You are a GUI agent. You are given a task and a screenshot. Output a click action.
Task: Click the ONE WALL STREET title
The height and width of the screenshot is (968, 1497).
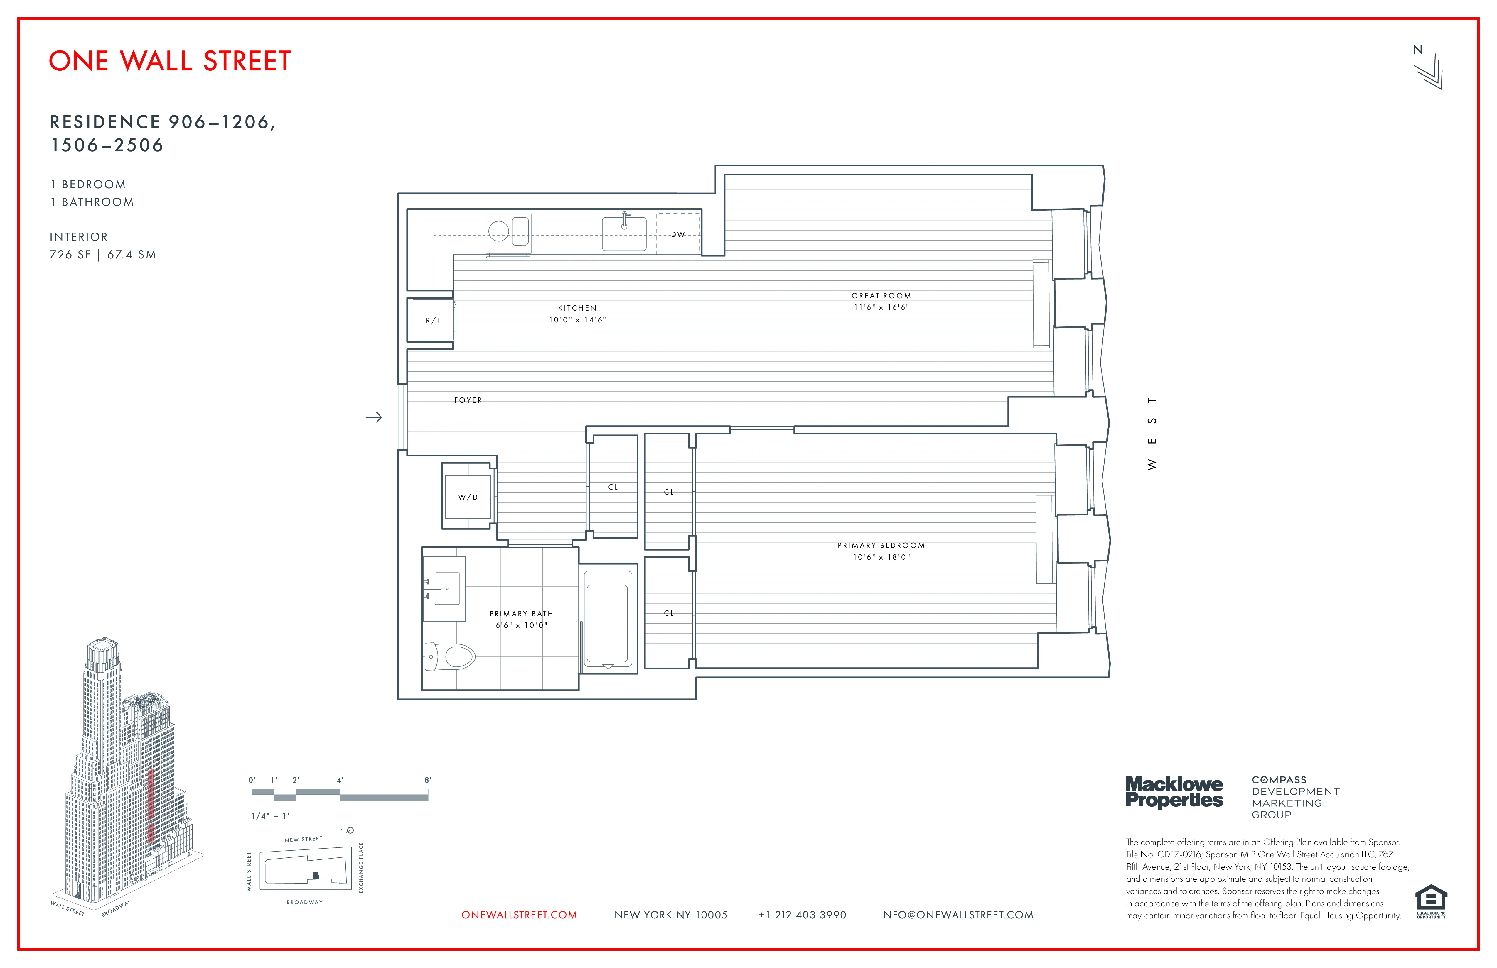(170, 61)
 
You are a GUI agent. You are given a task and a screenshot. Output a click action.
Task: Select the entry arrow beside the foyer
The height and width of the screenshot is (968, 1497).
(374, 417)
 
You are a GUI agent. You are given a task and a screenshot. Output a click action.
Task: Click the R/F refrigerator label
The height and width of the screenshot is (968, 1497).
(433, 321)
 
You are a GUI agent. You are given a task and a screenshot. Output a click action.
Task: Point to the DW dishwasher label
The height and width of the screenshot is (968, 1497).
(677, 234)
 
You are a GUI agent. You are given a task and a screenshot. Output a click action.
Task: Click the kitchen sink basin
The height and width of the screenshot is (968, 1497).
(624, 234)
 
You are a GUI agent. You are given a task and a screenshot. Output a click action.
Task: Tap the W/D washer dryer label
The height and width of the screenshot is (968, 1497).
(467, 497)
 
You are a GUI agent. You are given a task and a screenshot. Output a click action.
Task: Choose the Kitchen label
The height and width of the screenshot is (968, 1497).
(577, 308)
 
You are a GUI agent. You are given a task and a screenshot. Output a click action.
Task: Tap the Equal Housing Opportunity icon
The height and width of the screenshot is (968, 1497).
(1431, 900)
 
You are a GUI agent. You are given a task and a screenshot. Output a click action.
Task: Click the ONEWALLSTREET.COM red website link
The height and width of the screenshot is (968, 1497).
(519, 915)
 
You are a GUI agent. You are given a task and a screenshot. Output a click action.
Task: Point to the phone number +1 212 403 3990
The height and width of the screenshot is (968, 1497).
(803, 915)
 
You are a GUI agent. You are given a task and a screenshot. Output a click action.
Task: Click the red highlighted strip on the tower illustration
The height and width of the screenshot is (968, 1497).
(150, 805)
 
